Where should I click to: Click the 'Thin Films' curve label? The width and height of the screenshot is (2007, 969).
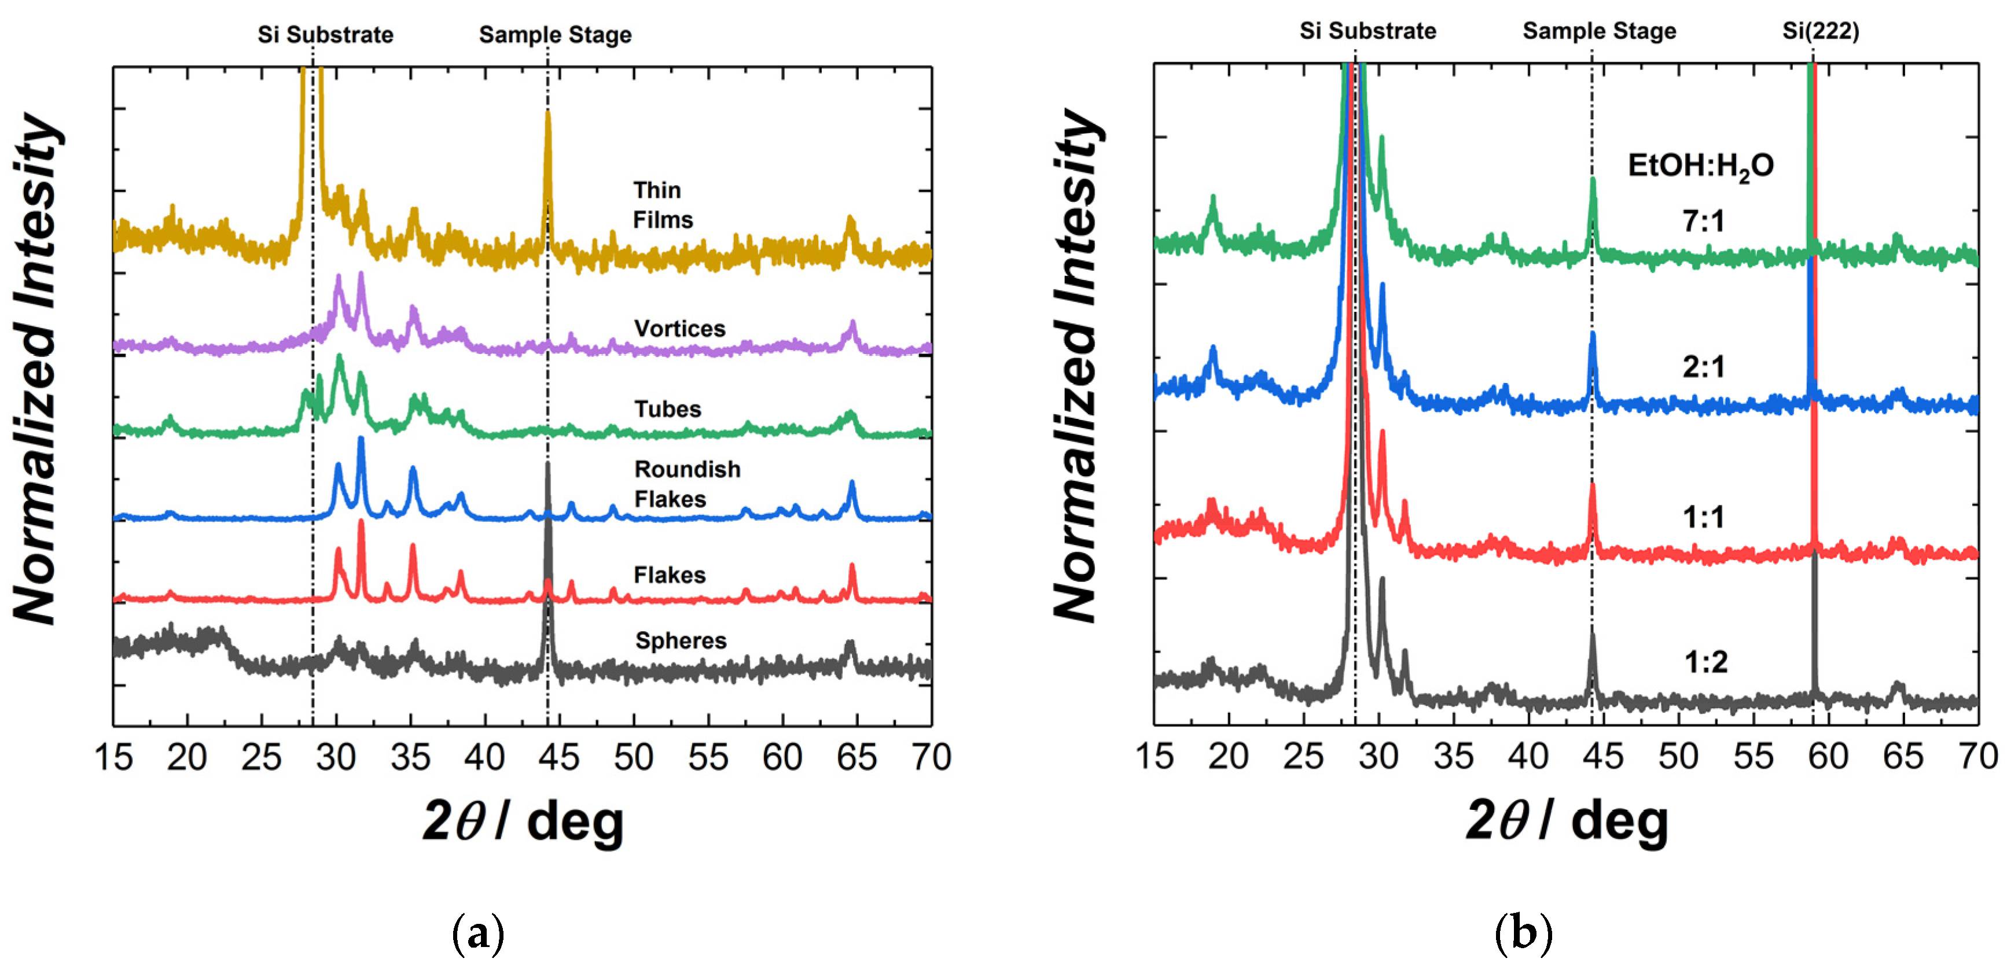[662, 205]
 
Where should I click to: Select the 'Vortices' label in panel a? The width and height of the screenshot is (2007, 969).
[679, 329]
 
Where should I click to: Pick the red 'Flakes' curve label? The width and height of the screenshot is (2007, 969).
[669, 575]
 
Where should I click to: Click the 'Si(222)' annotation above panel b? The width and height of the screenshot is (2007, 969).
[1820, 31]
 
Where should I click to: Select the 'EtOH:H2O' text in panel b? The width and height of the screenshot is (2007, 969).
[1700, 166]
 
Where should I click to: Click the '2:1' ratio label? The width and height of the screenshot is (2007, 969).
[1703, 367]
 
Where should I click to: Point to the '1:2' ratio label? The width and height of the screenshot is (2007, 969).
[1705, 662]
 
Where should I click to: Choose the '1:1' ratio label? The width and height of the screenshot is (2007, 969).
[1703, 517]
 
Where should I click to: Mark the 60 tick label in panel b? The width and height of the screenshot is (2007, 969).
[1827, 756]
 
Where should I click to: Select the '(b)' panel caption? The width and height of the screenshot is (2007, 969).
[1523, 933]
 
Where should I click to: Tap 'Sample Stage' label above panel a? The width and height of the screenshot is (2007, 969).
[555, 35]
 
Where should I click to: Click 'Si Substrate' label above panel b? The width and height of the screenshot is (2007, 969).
[1368, 31]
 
